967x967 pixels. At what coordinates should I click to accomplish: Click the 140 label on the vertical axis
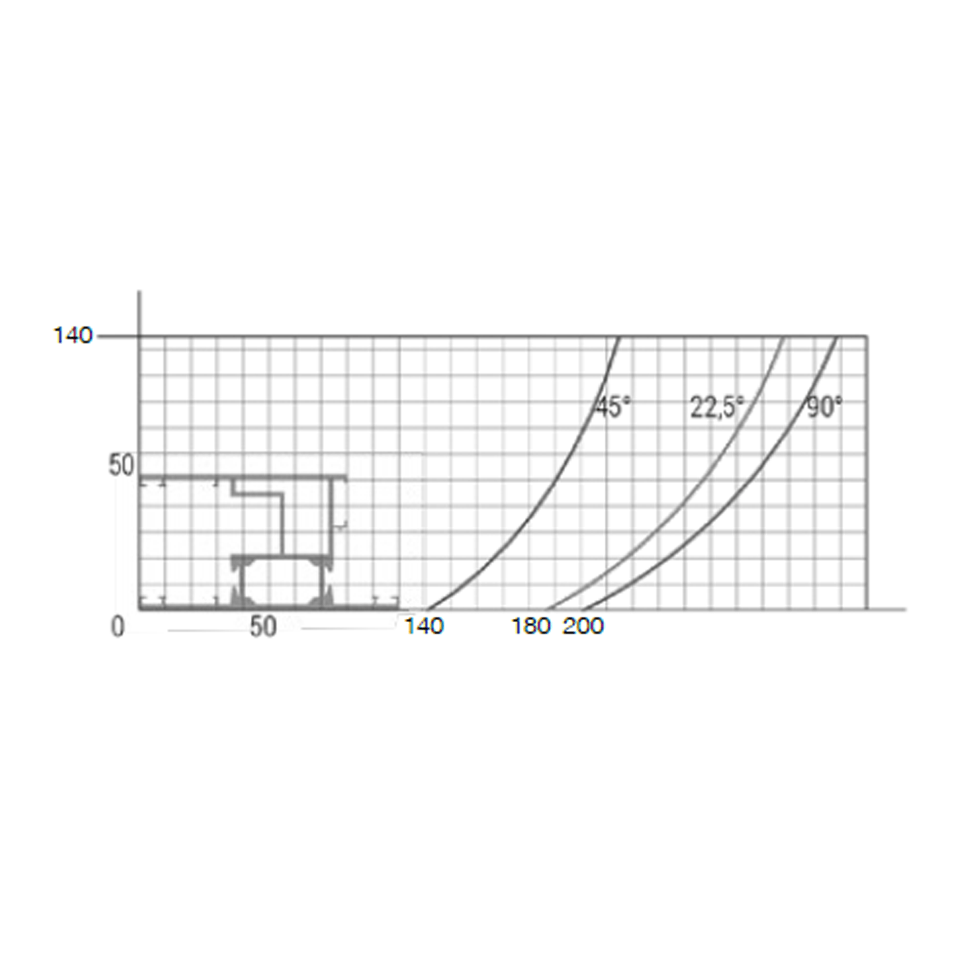point(73,335)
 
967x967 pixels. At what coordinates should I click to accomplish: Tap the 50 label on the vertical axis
point(121,465)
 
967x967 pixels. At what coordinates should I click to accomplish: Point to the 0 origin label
point(117,627)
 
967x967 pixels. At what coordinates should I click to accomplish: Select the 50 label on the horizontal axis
point(263,627)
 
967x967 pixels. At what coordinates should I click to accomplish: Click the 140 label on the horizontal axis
point(424,626)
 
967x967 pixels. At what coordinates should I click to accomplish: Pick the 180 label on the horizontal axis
point(531,626)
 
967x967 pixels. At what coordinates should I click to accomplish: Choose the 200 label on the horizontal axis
point(583,626)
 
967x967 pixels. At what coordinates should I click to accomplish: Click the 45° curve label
point(612,407)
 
